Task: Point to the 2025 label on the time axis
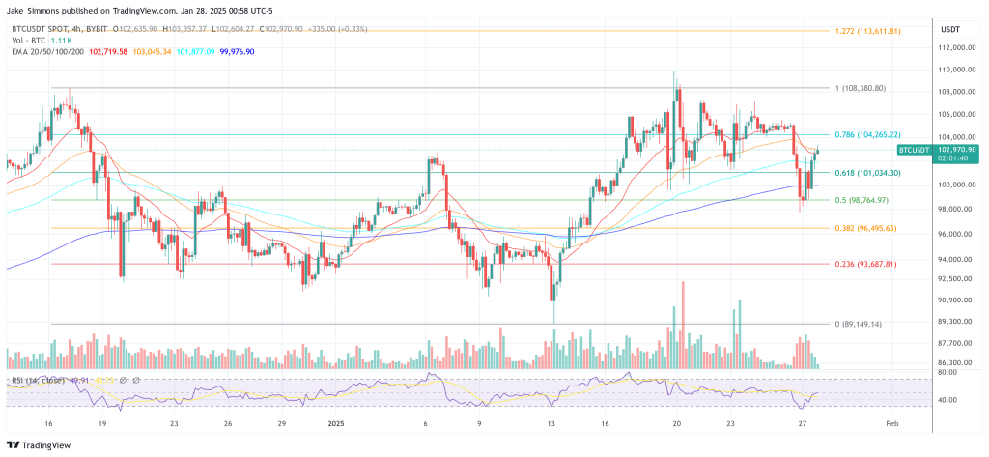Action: (x=335, y=423)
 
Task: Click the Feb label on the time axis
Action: (x=893, y=423)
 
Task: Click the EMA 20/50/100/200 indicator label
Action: (x=44, y=50)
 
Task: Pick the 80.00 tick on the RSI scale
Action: (x=947, y=372)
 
